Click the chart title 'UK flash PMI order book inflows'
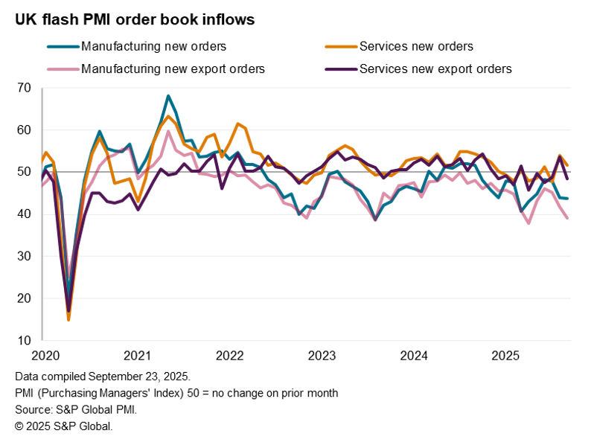click(x=135, y=20)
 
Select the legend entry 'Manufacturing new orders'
click(x=153, y=46)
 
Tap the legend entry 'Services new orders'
click(x=415, y=46)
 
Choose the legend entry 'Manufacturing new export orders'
click(x=173, y=68)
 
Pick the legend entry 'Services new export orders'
click(x=435, y=68)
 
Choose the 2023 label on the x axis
click(x=324, y=355)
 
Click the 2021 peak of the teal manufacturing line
click(x=168, y=96)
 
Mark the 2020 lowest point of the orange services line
click(x=68, y=320)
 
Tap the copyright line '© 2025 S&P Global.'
click(x=63, y=426)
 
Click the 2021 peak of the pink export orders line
click(x=168, y=132)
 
